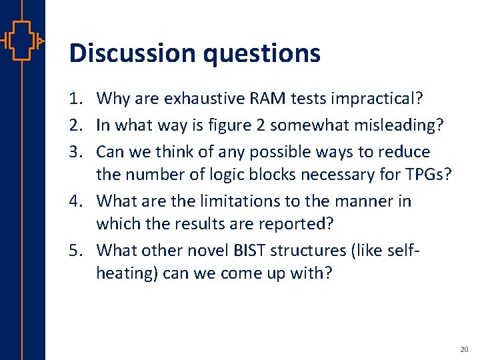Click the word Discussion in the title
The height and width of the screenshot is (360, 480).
click(131, 53)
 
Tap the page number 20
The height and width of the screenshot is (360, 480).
click(464, 349)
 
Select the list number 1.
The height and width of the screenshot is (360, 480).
click(77, 99)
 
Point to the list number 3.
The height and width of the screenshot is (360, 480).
click(77, 151)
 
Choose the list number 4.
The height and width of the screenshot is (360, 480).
click(77, 201)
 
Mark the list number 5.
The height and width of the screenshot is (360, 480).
click(77, 250)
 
